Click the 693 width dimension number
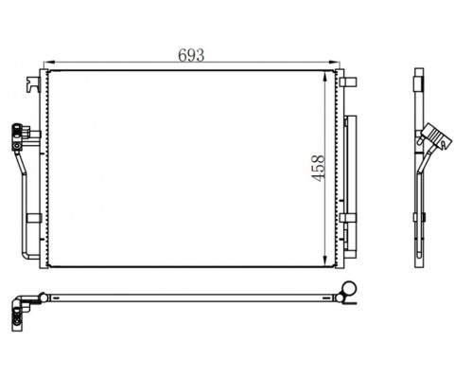191,55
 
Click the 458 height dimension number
318,168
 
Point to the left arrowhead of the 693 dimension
49,63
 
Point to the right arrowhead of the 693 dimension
334,63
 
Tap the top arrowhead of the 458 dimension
325,78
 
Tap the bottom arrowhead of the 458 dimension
325,260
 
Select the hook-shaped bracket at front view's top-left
33,84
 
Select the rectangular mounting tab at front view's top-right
348,81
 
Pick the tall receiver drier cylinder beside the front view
351,187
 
